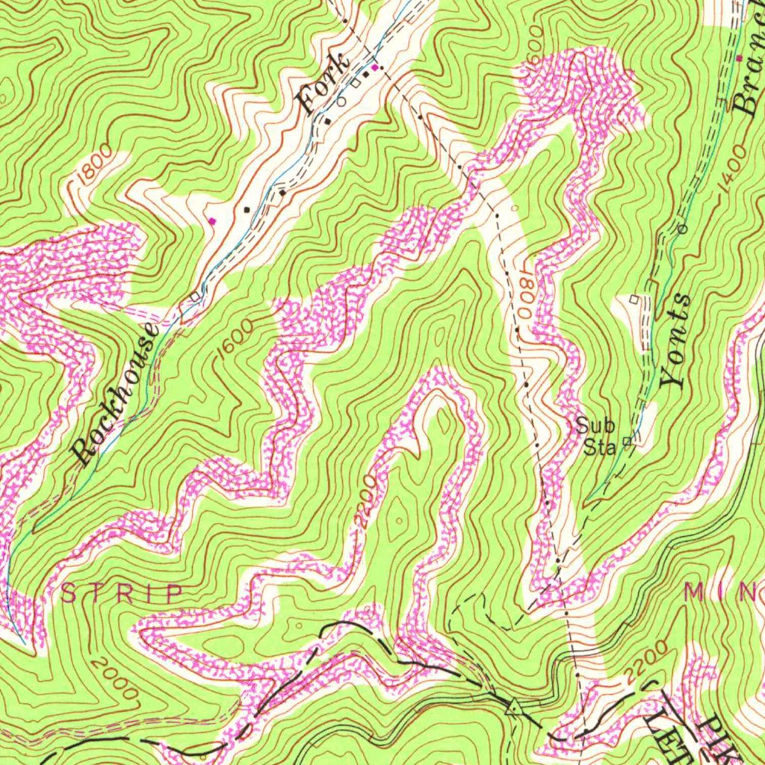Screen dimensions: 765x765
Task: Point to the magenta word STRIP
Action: coord(122,594)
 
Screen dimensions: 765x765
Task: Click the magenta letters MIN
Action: coord(723,592)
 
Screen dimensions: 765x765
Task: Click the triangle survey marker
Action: coord(513,706)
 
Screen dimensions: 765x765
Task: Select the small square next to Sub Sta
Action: coord(628,442)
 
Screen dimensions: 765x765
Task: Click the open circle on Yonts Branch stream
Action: coord(681,229)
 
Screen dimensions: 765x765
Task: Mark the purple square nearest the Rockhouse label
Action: coord(212,220)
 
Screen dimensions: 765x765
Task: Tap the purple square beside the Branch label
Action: coord(740,58)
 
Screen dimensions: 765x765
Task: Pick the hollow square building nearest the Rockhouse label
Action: coord(196,297)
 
